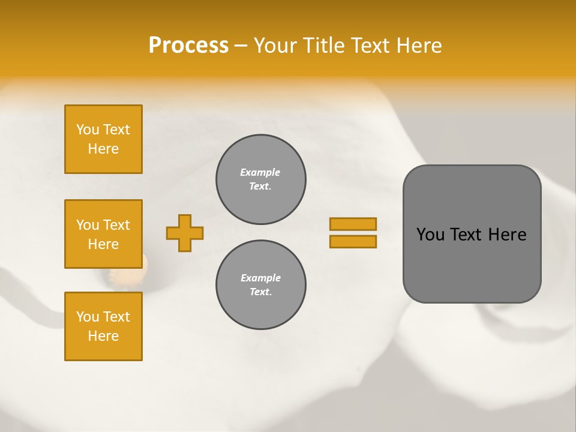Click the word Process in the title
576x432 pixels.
click(x=188, y=46)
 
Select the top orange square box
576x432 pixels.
click(x=103, y=139)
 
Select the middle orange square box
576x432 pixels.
click(x=103, y=234)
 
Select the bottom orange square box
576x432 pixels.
click(x=103, y=326)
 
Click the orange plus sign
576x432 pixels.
click(x=185, y=233)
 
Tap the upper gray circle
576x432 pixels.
click(x=260, y=179)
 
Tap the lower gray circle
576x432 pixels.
click(x=260, y=285)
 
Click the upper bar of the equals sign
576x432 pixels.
click(x=353, y=224)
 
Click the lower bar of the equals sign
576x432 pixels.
click(x=353, y=242)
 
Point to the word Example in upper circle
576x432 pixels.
click(x=260, y=173)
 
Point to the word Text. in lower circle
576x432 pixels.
click(x=260, y=292)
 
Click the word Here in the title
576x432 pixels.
click(x=420, y=46)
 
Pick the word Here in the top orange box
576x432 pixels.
click(x=103, y=149)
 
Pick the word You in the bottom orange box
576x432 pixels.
click(x=88, y=317)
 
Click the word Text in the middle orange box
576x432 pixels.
click(x=116, y=225)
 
